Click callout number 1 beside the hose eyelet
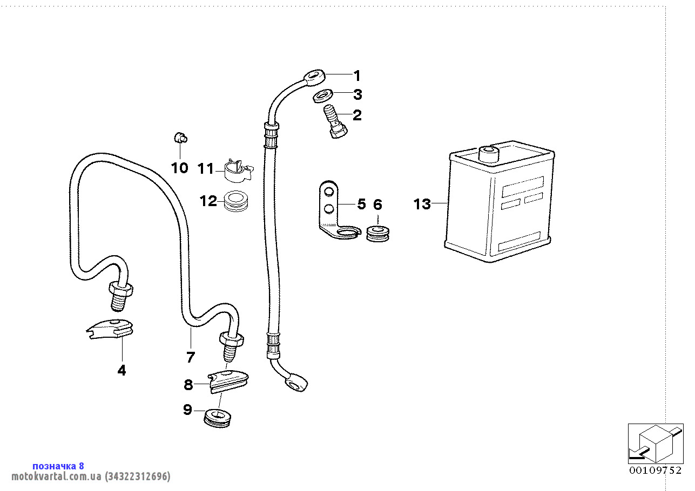[356, 76]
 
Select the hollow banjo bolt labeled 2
[333, 122]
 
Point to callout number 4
[122, 370]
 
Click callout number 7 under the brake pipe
[191, 357]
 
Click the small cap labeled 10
[180, 138]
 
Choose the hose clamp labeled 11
[237, 171]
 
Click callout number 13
[422, 204]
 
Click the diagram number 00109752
[655, 470]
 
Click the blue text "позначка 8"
[58, 466]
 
